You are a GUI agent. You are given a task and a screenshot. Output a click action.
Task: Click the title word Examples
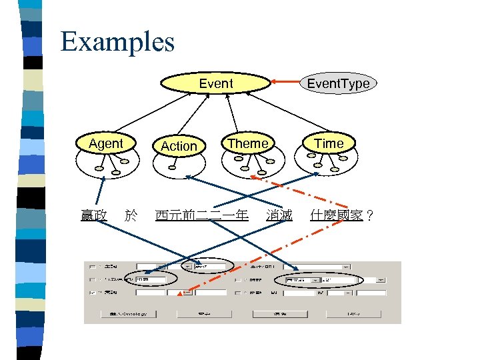click(x=117, y=41)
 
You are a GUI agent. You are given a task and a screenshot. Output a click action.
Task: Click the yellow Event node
click(x=216, y=83)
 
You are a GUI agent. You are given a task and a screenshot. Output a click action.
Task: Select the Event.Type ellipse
click(x=337, y=83)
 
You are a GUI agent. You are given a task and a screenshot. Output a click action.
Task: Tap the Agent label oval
click(x=106, y=143)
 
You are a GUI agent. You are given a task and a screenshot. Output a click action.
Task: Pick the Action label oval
click(x=179, y=145)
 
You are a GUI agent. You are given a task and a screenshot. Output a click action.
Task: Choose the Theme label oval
click(x=248, y=143)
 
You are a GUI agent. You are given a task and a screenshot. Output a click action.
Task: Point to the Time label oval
click(x=329, y=143)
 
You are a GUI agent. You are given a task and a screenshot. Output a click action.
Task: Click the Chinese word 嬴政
click(x=93, y=215)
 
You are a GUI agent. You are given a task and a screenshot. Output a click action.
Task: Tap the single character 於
click(x=131, y=215)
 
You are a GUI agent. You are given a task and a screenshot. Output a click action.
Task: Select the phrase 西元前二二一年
click(x=201, y=215)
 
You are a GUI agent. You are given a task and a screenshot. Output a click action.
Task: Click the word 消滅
click(x=279, y=215)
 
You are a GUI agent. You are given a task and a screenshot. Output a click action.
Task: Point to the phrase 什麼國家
click(x=337, y=215)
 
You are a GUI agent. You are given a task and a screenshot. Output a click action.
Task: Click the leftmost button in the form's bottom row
click(x=129, y=313)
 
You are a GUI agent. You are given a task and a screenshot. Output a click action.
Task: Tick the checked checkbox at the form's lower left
click(x=91, y=292)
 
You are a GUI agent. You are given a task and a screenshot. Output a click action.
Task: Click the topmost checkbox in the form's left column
click(x=91, y=266)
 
